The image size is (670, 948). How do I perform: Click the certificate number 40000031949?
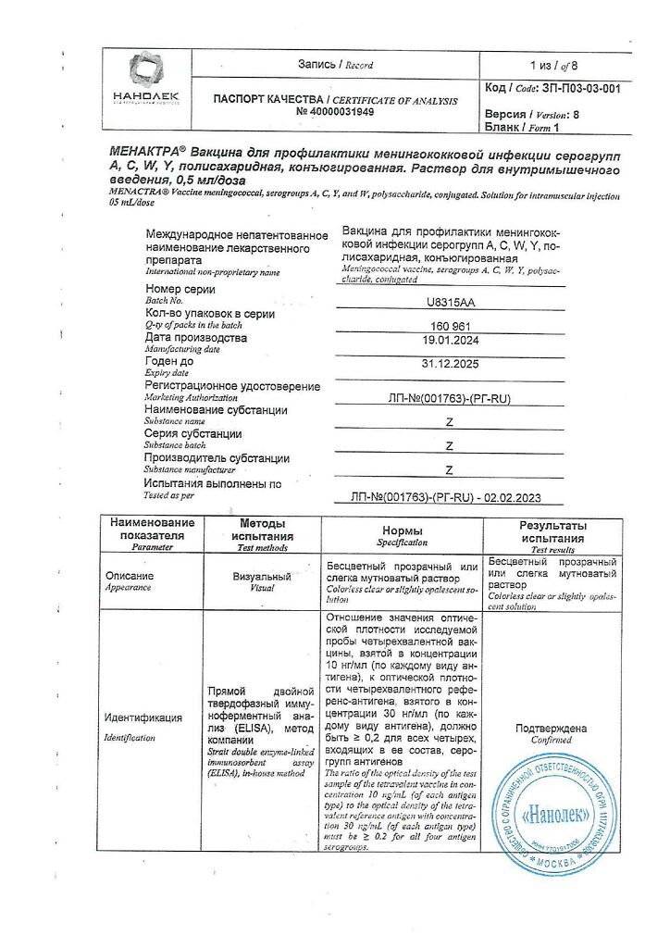(x=335, y=112)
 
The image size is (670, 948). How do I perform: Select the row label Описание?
(x=129, y=576)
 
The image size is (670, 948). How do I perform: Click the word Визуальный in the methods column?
(x=262, y=576)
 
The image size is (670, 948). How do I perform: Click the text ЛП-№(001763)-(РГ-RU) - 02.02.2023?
(x=448, y=497)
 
